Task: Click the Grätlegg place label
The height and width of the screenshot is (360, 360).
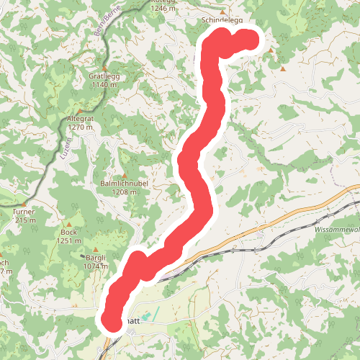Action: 104,76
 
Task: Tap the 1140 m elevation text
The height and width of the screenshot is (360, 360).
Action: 104,85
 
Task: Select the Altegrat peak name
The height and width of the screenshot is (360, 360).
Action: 80,118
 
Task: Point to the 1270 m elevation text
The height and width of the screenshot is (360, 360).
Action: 80,127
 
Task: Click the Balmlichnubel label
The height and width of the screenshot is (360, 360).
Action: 124,184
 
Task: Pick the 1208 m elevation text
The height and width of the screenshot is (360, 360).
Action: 124,192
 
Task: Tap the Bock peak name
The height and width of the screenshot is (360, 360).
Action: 68,232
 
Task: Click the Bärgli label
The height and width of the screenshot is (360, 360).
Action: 96,258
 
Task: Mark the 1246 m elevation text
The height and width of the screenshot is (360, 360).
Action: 163,9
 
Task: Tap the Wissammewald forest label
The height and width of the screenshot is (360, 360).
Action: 337,229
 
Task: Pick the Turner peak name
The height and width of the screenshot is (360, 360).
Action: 23,212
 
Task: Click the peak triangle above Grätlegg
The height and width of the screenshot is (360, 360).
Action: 104,66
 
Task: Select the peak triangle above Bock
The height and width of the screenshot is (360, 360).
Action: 69,223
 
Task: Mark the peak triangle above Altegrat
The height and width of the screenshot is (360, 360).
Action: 80,109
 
